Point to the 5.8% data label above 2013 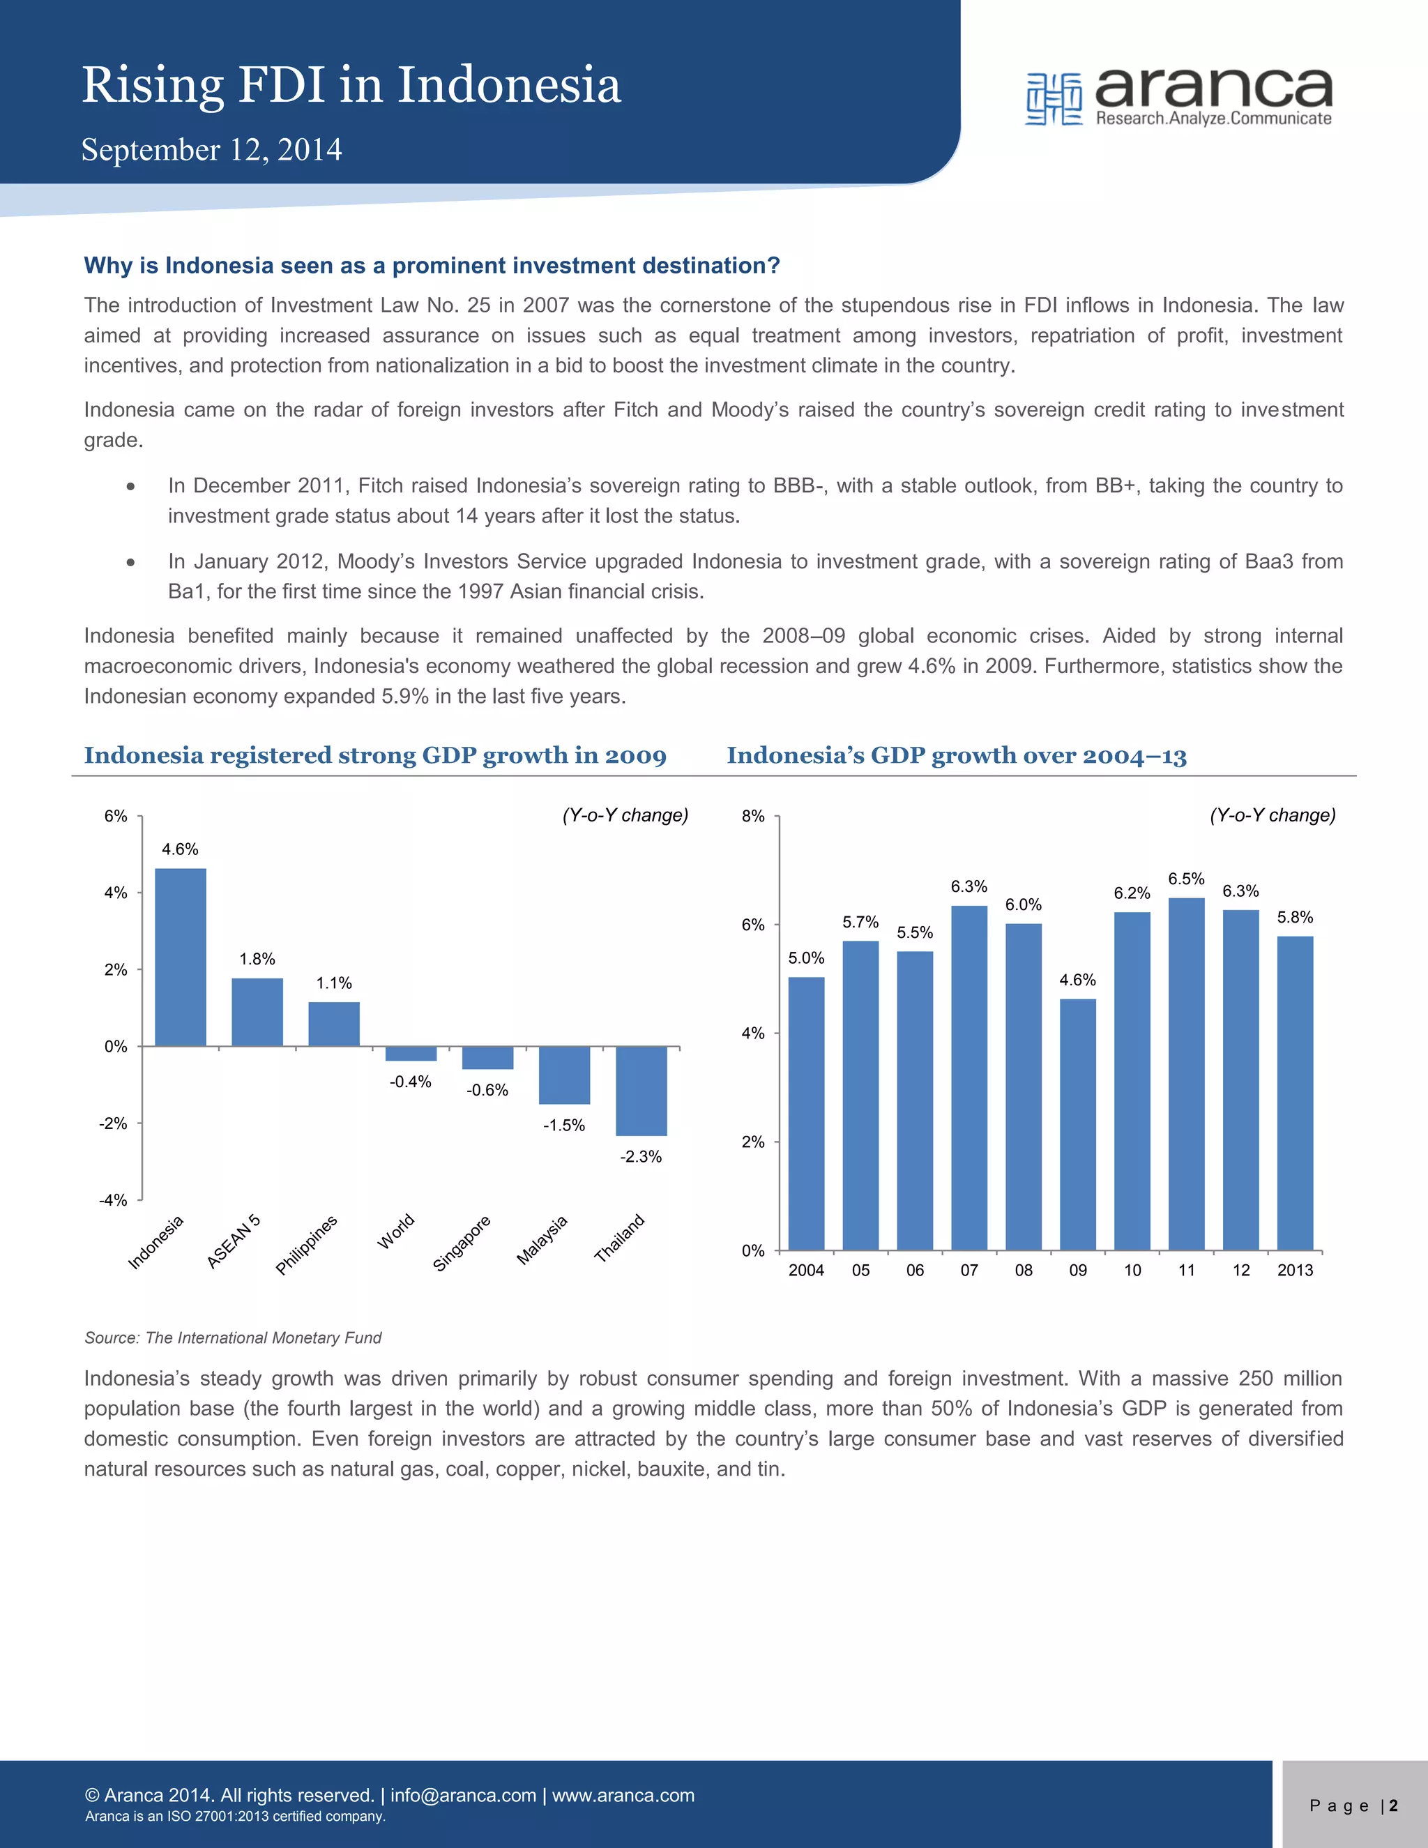point(1294,917)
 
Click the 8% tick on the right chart point(753,816)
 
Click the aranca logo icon point(1054,99)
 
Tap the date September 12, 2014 point(211,150)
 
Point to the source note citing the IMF point(233,1338)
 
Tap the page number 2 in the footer point(1392,1805)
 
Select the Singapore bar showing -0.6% point(487,1058)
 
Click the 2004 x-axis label point(805,1270)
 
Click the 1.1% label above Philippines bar point(333,983)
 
